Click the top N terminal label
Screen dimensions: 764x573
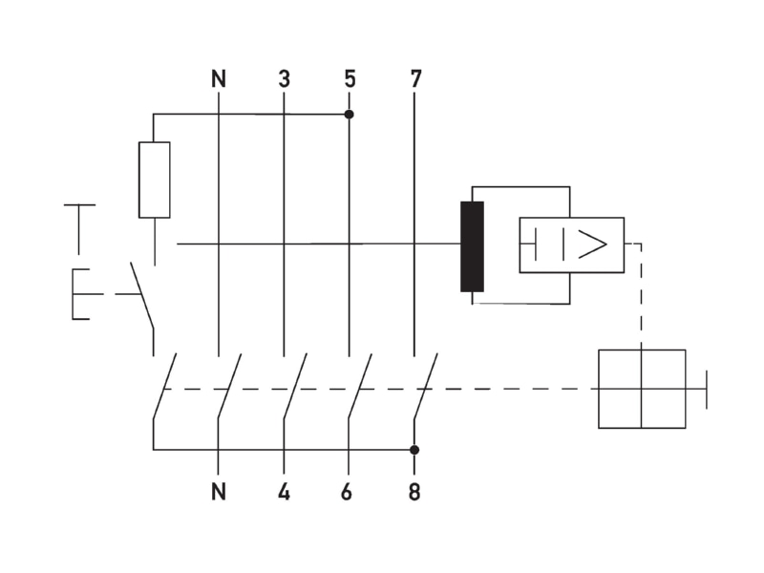[x=219, y=79]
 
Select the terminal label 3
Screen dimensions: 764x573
[x=284, y=79]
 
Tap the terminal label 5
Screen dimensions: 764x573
[x=350, y=79]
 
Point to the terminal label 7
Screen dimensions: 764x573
[x=415, y=79]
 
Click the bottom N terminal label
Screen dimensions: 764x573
[x=219, y=492]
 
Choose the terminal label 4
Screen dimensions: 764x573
[x=284, y=492]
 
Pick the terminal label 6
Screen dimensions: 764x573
[x=347, y=492]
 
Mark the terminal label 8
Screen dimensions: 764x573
[x=414, y=492]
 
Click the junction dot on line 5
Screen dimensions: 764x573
[x=349, y=115]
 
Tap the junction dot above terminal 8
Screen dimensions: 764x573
[x=414, y=450]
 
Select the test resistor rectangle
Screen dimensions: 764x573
[x=155, y=180]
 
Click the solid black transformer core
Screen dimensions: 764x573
[x=472, y=246]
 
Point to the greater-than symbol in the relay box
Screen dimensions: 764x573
[x=592, y=244]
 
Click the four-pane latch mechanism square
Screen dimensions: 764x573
[x=642, y=389]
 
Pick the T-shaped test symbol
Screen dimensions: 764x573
[x=79, y=229]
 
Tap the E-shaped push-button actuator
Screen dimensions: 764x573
[x=81, y=294]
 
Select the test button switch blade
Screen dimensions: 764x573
[x=142, y=296]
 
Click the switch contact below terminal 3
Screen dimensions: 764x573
[x=295, y=386]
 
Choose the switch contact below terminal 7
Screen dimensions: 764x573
[x=425, y=386]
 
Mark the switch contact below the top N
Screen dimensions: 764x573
[x=229, y=386]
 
